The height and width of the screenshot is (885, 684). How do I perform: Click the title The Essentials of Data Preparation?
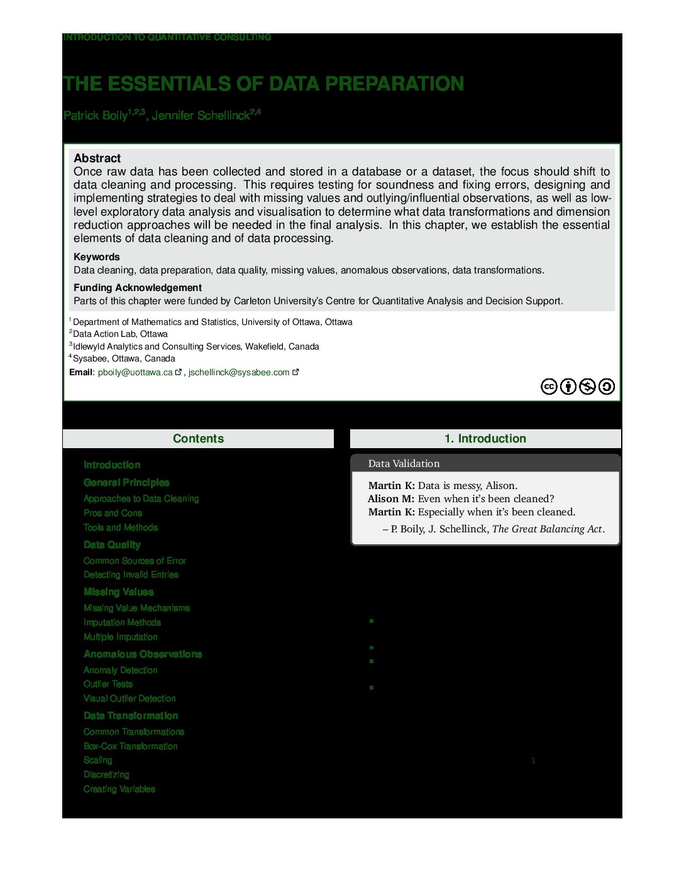click(263, 84)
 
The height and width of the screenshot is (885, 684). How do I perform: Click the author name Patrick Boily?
click(96, 116)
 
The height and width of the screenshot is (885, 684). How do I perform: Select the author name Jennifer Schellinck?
click(201, 116)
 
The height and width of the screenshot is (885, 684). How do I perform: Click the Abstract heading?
click(97, 158)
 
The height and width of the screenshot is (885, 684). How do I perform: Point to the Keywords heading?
click(96, 257)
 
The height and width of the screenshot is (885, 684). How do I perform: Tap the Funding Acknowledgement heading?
click(137, 288)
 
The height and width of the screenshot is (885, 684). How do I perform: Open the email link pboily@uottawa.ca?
click(135, 373)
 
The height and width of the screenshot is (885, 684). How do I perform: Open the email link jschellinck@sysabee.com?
click(239, 373)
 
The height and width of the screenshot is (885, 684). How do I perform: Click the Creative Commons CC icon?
click(549, 387)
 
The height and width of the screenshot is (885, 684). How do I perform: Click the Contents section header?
click(198, 439)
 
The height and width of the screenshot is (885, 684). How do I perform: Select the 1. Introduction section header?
click(485, 439)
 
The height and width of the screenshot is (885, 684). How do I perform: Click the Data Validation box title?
click(404, 464)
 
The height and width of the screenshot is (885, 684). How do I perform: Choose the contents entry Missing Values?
click(118, 592)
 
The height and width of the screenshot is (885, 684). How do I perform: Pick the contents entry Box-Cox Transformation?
click(130, 746)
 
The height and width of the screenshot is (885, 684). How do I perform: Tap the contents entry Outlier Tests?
click(108, 684)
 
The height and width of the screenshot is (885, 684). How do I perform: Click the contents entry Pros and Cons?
click(113, 513)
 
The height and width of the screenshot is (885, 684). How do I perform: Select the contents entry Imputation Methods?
click(122, 622)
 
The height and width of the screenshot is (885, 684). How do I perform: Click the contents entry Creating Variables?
click(119, 789)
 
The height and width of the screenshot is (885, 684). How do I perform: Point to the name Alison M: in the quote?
click(390, 499)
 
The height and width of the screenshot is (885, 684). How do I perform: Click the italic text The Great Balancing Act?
click(547, 529)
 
